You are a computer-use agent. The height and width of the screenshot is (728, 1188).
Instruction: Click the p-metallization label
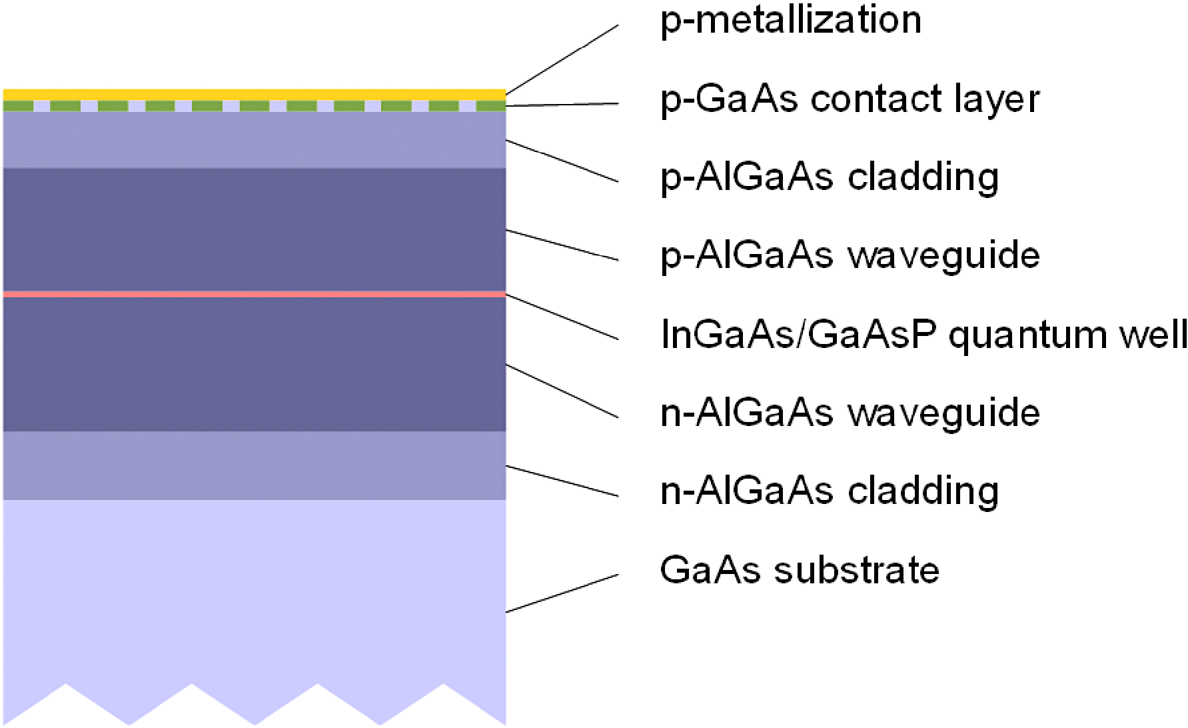tap(791, 20)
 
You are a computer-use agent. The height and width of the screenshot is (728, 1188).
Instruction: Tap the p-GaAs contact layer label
tap(850, 99)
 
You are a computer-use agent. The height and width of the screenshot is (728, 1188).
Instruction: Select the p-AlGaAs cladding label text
tap(830, 177)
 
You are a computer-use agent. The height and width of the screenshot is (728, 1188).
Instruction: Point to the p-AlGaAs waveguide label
tap(850, 256)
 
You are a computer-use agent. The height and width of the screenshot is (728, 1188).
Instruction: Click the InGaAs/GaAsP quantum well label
tap(923, 335)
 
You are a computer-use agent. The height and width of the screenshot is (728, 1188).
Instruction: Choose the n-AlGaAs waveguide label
tap(850, 413)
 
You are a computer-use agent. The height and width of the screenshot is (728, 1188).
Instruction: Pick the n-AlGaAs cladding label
tap(830, 491)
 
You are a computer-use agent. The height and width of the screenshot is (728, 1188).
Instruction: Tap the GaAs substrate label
tap(800, 571)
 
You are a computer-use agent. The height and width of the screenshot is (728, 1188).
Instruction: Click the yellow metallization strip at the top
tap(253, 94)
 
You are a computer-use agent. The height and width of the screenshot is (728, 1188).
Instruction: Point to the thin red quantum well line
tap(253, 294)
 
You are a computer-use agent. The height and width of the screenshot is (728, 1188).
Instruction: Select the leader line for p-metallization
tap(562, 59)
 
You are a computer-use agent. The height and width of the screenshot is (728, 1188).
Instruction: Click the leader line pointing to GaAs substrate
tap(562, 593)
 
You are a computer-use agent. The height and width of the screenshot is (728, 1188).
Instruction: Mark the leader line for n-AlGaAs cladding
tap(562, 481)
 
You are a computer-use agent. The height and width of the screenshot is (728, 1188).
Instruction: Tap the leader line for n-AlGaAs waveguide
tap(562, 391)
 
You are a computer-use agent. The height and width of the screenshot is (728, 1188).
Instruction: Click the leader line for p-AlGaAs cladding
tap(562, 161)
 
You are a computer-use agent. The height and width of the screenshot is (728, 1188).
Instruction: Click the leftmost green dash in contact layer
tap(18, 106)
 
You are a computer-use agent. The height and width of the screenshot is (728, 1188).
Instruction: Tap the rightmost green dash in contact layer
tap(491, 106)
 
